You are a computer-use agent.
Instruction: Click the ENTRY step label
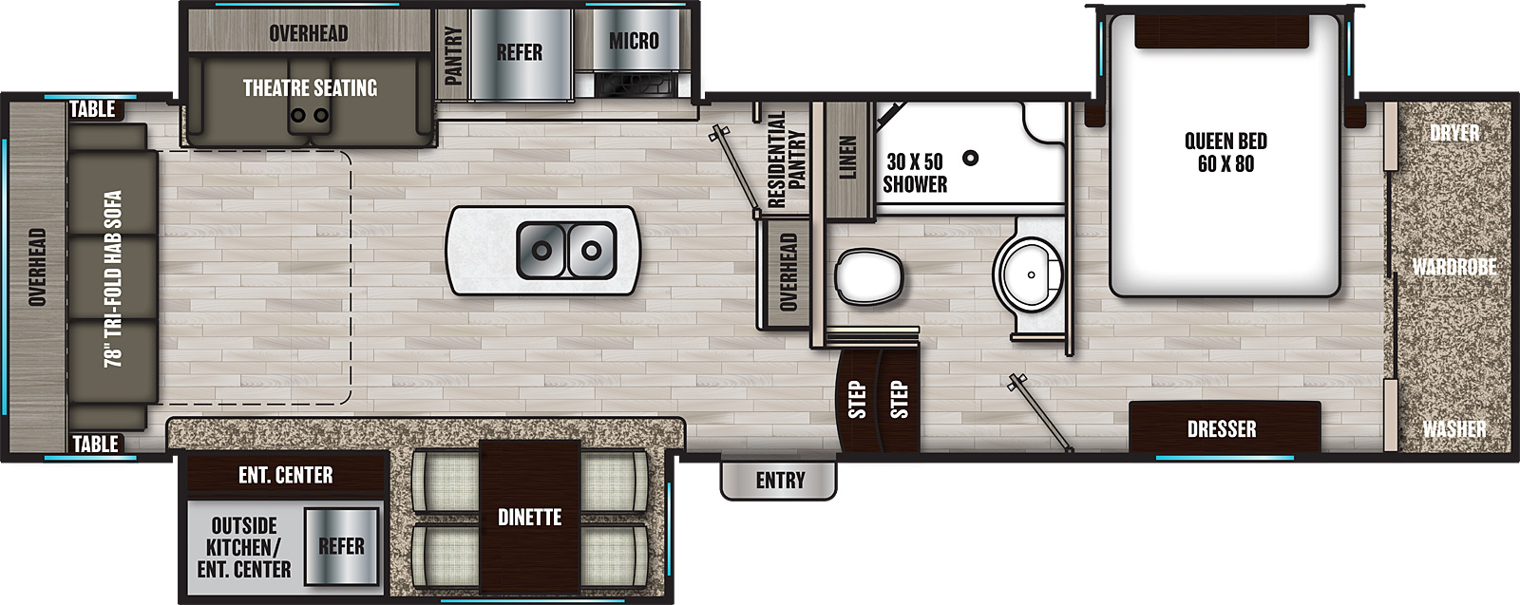pyautogui.click(x=780, y=481)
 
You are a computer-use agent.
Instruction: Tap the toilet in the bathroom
pyautogui.click(x=869, y=276)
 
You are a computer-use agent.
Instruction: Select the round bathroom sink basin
pyautogui.click(x=1028, y=274)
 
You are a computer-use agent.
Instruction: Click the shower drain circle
pyautogui.click(x=971, y=158)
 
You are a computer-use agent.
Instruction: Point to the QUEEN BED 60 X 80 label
pyautogui.click(x=1225, y=152)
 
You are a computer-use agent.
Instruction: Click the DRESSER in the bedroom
pyautogui.click(x=1225, y=427)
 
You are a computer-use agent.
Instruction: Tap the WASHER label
pyautogui.click(x=1454, y=428)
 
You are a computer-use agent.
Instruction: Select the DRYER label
pyautogui.click(x=1454, y=132)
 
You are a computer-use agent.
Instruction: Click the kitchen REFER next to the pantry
pyautogui.click(x=521, y=54)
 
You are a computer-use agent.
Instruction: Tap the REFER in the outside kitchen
pyautogui.click(x=341, y=546)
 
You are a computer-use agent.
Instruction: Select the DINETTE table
pyautogui.click(x=529, y=517)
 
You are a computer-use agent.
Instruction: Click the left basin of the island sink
pyautogui.click(x=541, y=251)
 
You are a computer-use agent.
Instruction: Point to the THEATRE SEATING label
pyautogui.click(x=310, y=87)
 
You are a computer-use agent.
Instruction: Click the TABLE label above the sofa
pyautogui.click(x=93, y=108)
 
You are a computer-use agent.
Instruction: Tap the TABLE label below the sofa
pyautogui.click(x=95, y=444)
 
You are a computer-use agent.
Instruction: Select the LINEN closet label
pyautogui.click(x=847, y=158)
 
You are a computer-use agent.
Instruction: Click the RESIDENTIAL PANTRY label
pyautogui.click(x=786, y=160)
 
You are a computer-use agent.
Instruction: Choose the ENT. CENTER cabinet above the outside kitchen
pyautogui.click(x=286, y=474)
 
